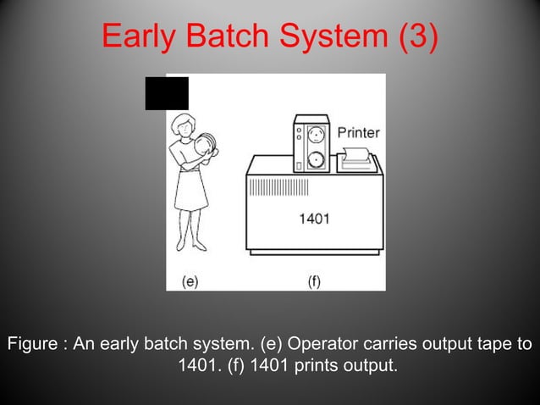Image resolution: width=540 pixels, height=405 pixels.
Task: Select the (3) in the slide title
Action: [416, 36]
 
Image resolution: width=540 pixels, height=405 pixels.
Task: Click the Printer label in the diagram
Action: [359, 133]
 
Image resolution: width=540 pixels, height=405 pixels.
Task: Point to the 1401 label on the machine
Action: [314, 219]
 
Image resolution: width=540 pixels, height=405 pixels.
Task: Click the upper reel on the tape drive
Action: [316, 133]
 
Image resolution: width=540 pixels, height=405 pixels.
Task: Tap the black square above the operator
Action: [166, 92]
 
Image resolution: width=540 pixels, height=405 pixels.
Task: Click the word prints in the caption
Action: [291, 367]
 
